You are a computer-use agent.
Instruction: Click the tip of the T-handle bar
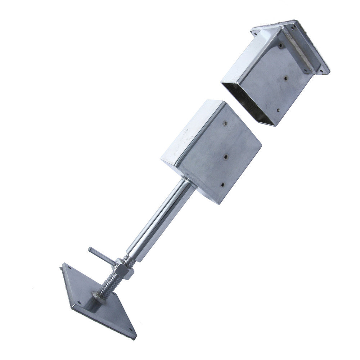pos(90,249)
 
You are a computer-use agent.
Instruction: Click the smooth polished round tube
pos(162,220)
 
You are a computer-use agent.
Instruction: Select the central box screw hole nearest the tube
pos(222,185)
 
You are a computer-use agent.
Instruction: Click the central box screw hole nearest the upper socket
pos(225,123)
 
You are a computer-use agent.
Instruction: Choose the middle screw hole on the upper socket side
pos(285,77)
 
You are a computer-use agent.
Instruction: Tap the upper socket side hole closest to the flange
pos(280,46)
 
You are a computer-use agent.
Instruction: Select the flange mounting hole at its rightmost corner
pos(325,70)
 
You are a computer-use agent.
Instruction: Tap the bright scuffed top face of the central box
pos(187,137)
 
